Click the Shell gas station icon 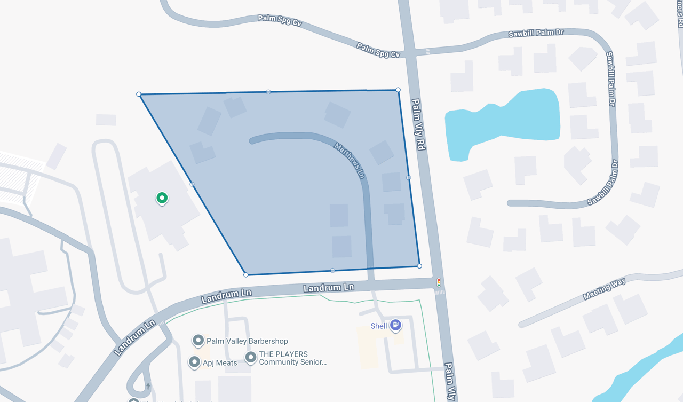tap(395, 325)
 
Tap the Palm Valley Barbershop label tap(247, 341)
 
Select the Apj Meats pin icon tap(194, 362)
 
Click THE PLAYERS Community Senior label tap(292, 358)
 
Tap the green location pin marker tap(162, 198)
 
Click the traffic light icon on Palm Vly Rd tap(439, 282)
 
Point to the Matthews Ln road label tap(350, 160)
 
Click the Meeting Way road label tap(604, 289)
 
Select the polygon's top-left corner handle tap(139, 94)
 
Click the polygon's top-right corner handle tap(398, 90)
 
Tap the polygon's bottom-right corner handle tap(419, 266)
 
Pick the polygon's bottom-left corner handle tap(246, 275)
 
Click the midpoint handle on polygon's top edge tap(268, 92)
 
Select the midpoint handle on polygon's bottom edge tap(333, 271)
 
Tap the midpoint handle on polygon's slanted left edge tap(192, 185)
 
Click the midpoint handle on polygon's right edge tap(409, 178)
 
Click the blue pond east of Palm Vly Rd tap(507, 123)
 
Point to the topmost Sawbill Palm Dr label tap(536, 33)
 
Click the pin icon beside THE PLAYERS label tap(251, 357)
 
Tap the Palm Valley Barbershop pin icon tap(198, 340)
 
